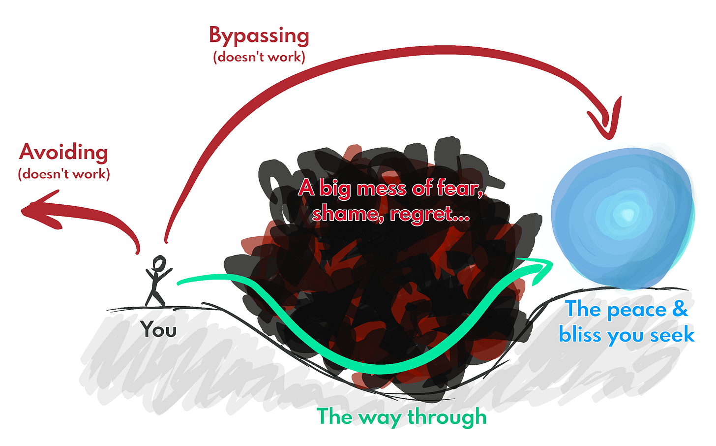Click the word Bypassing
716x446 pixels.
point(259,36)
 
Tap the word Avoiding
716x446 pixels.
point(63,152)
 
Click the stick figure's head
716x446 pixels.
point(159,264)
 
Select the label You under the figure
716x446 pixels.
point(158,329)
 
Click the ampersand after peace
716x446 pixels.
point(680,309)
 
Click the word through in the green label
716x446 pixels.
point(447,417)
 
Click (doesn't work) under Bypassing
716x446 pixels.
point(259,57)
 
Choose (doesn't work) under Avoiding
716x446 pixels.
point(64,174)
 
